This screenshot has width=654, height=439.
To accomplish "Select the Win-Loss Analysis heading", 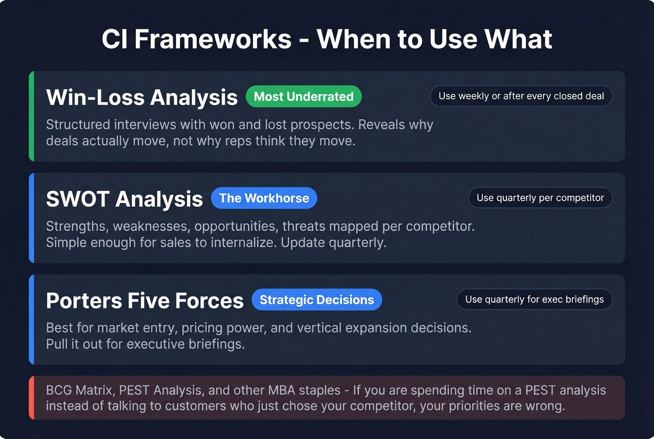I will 142,97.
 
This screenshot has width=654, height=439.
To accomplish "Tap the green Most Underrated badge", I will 304,96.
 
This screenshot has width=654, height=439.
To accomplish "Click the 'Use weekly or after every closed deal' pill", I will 521,96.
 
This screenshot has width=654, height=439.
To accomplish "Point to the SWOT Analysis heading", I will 124,199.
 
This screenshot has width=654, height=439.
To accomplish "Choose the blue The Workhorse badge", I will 264,198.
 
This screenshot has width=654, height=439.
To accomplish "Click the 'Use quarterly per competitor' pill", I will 540,198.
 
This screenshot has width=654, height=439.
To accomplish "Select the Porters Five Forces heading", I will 145,301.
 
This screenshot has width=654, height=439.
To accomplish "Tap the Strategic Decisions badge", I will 317,300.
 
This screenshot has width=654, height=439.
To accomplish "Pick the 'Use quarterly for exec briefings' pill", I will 534,299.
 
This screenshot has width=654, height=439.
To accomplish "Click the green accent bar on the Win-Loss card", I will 31,116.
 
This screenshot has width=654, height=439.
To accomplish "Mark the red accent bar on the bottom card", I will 31,397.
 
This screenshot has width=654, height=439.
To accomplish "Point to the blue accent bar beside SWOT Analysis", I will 31,218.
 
